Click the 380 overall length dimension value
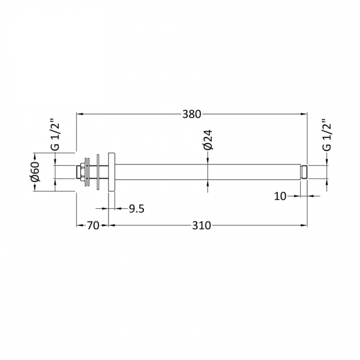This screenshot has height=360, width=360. (x=191, y=115)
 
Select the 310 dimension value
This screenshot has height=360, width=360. (x=202, y=225)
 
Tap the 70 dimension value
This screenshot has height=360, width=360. (x=92, y=225)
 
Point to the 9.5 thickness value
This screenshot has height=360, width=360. (x=136, y=209)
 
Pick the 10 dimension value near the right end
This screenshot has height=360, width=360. (x=280, y=196)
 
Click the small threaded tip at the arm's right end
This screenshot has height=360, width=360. (x=304, y=172)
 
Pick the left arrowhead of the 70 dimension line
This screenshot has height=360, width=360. (x=79, y=225)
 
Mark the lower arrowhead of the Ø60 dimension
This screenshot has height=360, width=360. (x=34, y=189)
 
